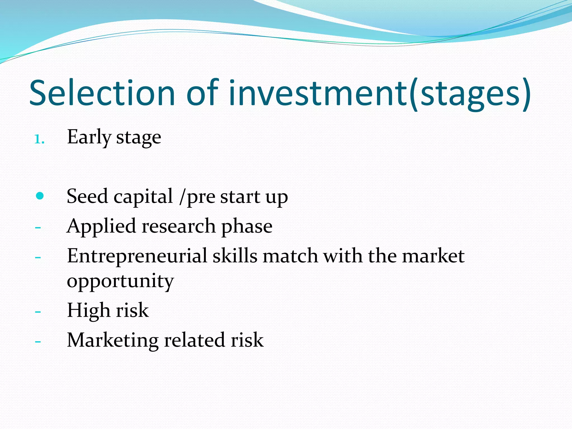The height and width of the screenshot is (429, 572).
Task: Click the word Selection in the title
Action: pyautogui.click(x=102, y=93)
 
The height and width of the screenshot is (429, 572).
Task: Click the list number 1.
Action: pyautogui.click(x=39, y=139)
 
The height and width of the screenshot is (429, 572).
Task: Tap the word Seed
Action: pyautogui.click(x=87, y=196)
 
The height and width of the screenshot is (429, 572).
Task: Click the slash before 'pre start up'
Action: pyautogui.click(x=183, y=196)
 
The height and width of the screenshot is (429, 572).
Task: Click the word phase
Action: pyautogui.click(x=247, y=226)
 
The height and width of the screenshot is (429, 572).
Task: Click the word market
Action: pyautogui.click(x=433, y=256)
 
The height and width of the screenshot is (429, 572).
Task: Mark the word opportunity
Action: pyautogui.click(x=120, y=282)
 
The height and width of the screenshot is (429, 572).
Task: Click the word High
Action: pyautogui.click(x=89, y=311)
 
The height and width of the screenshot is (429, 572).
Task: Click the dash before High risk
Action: pyautogui.click(x=38, y=311)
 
